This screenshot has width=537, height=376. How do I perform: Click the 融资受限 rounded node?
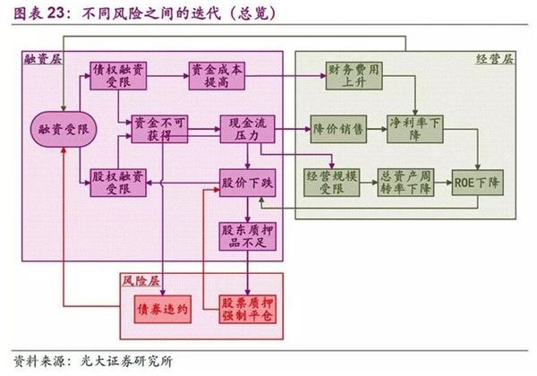click(64, 129)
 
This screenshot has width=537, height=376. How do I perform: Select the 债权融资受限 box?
click(118, 76)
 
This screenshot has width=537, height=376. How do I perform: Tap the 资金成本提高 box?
click(217, 76)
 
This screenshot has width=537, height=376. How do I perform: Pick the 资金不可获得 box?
click(159, 129)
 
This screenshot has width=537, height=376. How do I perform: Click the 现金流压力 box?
click(247, 129)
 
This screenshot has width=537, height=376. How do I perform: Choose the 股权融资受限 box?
click(118, 183)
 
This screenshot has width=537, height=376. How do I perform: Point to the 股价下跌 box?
click(247, 183)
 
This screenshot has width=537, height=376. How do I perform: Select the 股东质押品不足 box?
click(247, 236)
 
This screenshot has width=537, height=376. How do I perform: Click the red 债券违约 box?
click(162, 309)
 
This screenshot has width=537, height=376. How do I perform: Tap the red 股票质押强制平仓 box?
click(247, 309)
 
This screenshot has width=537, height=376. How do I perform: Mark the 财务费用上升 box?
click(354, 76)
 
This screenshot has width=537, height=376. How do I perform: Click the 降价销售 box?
click(338, 129)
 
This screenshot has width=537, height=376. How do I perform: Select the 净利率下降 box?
click(415, 129)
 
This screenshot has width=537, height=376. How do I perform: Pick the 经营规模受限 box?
click(331, 183)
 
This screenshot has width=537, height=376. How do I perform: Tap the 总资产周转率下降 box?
click(405, 183)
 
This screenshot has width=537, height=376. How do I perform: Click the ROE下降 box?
click(477, 183)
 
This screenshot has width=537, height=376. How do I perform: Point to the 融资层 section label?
click(43, 59)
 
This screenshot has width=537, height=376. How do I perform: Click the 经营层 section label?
click(495, 59)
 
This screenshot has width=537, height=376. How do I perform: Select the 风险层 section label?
click(141, 281)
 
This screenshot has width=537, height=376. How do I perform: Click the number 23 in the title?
click(55, 13)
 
